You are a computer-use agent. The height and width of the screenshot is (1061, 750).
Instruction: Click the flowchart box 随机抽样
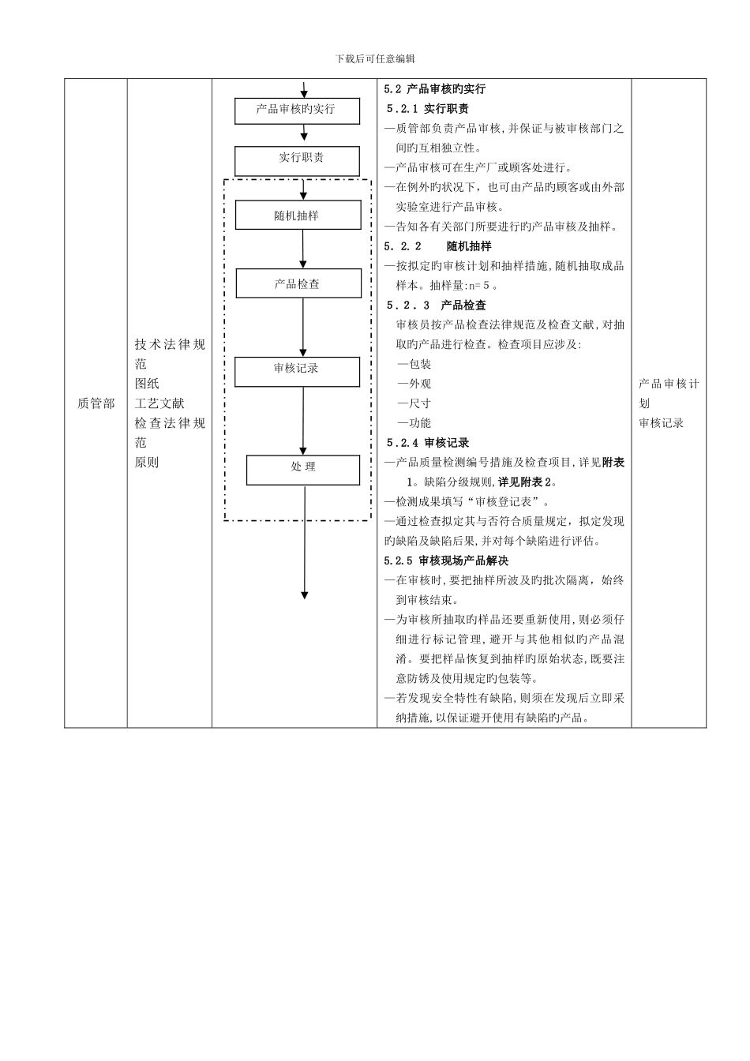[x=298, y=215]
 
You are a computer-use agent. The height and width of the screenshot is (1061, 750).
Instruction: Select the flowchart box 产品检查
[x=298, y=283]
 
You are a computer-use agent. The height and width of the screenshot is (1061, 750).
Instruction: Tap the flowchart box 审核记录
[x=297, y=371]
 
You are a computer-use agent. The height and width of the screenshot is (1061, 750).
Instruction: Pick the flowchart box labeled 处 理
[x=303, y=470]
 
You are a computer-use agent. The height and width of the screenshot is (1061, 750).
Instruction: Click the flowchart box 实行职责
[x=297, y=161]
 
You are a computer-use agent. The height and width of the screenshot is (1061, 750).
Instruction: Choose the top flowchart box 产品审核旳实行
[x=297, y=111]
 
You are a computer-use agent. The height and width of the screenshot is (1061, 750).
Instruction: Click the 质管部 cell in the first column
[x=96, y=403]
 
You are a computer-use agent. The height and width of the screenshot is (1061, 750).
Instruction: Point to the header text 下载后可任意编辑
[x=375, y=59]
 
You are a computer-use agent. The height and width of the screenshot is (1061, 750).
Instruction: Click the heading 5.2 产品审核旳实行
[x=435, y=89]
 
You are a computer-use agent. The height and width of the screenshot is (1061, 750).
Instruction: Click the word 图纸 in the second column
[x=147, y=384]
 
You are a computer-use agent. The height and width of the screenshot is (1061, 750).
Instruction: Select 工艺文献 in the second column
[x=159, y=403]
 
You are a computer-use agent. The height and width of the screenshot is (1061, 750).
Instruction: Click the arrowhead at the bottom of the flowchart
[x=305, y=594]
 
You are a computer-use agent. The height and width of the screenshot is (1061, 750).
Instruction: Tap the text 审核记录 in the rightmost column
[x=662, y=423]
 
